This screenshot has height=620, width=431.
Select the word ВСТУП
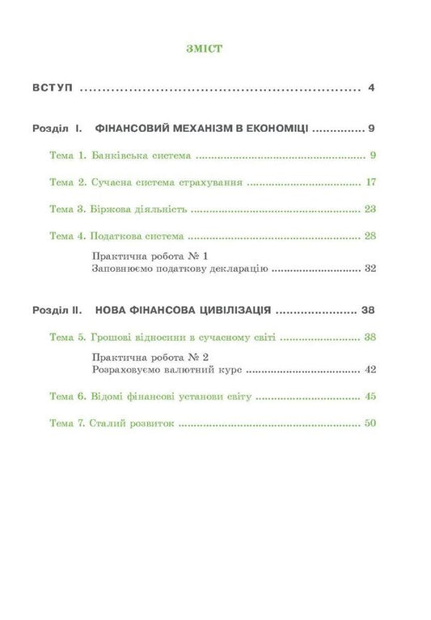click(x=53, y=87)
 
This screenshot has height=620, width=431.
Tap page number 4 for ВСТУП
click(x=370, y=87)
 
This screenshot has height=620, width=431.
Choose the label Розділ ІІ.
click(x=59, y=309)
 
